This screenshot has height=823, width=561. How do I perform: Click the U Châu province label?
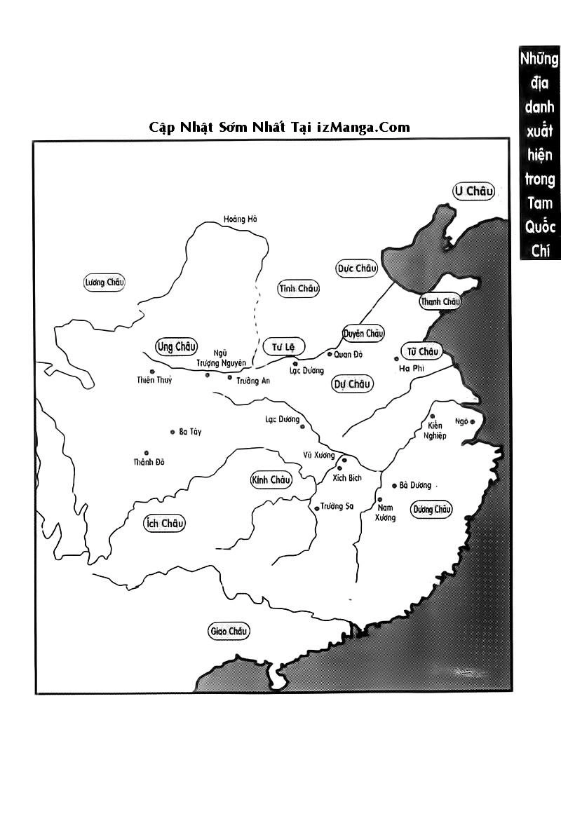[474, 191]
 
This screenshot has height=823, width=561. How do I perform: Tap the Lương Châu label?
[104, 283]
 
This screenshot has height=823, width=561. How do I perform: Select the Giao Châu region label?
[229, 632]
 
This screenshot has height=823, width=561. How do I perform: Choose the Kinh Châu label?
[270, 480]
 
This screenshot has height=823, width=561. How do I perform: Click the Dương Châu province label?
[431, 510]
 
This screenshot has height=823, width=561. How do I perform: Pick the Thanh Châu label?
[440, 302]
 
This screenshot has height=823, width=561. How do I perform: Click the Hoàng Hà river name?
[241, 219]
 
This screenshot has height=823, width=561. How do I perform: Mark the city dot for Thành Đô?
[146, 453]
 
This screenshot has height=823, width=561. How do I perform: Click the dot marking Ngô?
[472, 421]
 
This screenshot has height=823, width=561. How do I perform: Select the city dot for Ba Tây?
[173, 432]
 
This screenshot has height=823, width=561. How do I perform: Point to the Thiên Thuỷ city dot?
[151, 372]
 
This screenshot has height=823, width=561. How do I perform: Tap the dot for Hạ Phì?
[397, 359]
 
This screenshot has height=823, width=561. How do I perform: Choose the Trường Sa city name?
[337, 507]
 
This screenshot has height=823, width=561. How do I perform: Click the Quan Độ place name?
[348, 355]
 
